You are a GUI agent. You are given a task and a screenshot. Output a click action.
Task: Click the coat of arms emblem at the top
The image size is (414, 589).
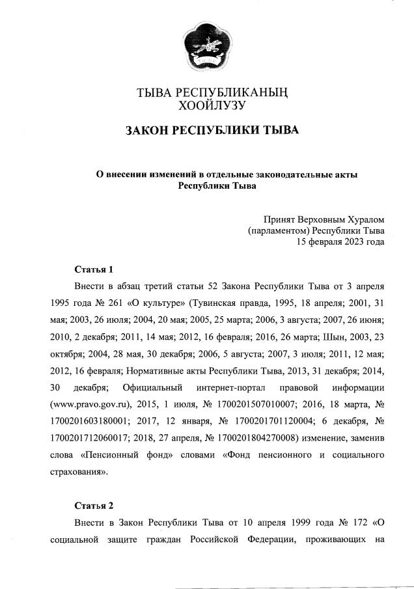tap(206, 46)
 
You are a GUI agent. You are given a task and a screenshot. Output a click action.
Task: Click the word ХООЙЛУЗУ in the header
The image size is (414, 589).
tap(206, 104)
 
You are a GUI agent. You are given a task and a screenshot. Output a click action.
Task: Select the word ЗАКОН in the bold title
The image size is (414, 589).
tap(148, 131)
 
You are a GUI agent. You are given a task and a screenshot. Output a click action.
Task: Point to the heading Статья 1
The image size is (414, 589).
tap(94, 269)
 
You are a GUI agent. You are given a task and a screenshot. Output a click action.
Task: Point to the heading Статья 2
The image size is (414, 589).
tap(94, 505)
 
